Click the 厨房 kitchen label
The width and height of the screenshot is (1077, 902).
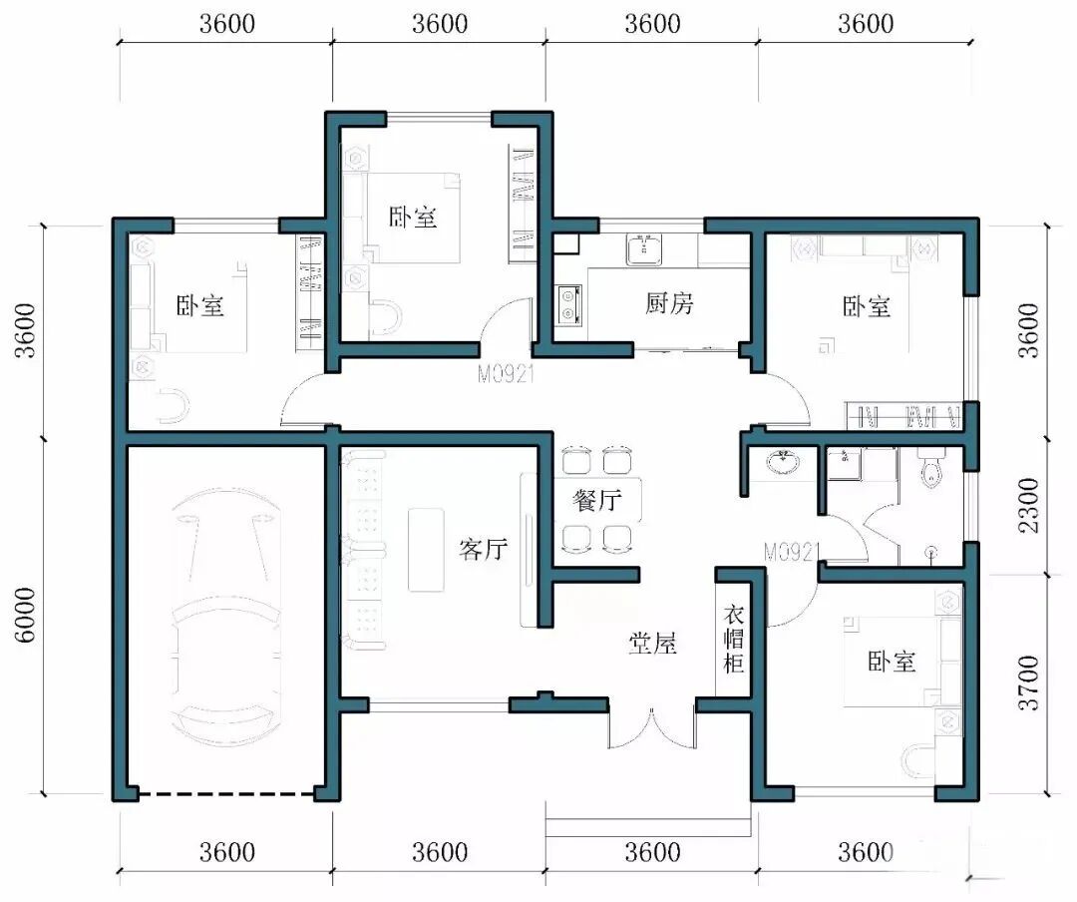click(x=669, y=303)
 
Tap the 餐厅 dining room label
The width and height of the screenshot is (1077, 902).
click(x=597, y=500)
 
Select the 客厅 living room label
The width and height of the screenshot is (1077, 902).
click(x=484, y=550)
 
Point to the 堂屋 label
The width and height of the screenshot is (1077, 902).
click(x=652, y=644)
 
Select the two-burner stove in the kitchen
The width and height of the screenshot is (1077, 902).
click(x=568, y=305)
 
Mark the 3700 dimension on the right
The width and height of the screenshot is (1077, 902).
click(x=1029, y=682)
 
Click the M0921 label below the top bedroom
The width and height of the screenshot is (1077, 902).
click(x=506, y=374)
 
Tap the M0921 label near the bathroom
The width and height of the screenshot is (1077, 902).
click(x=791, y=552)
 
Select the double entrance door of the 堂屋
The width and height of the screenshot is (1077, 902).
click(x=652, y=727)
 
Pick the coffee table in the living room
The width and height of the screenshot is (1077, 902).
click(x=426, y=550)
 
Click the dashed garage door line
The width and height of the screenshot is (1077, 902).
click(x=227, y=795)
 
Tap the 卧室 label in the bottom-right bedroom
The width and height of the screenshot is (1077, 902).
click(x=892, y=663)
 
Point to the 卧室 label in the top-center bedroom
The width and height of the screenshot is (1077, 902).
click(x=413, y=218)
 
